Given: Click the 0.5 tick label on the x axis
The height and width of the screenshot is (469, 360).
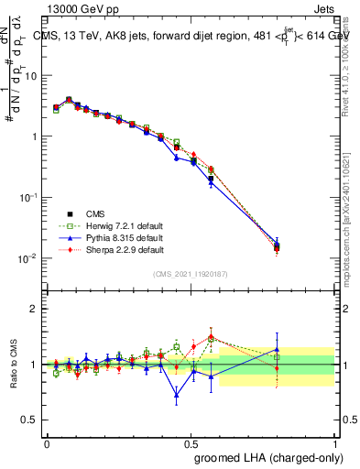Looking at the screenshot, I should click(x=191, y=442).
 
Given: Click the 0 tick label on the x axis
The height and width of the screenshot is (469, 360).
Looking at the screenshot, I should click(x=47, y=442).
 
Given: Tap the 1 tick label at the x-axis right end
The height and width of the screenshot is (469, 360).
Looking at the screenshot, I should click(x=334, y=442).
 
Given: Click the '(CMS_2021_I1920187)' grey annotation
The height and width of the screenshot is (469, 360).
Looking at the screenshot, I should click(x=190, y=274).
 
